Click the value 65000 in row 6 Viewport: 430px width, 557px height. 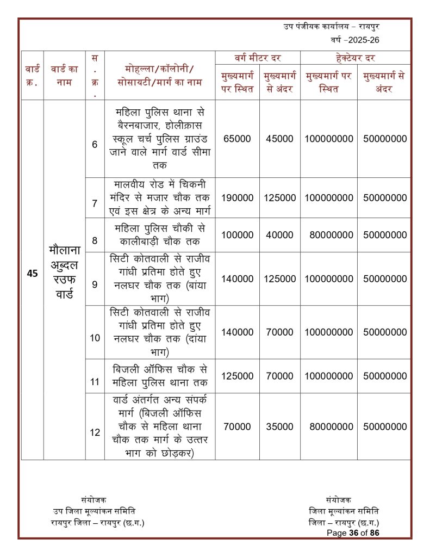(237, 139)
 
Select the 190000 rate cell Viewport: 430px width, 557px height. (237, 197)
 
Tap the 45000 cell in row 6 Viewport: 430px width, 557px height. (279, 139)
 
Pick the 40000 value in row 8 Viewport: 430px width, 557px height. (279, 235)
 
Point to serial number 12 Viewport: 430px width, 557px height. (95, 432)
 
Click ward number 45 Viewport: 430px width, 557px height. (32, 274)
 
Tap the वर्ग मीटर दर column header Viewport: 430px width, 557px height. (258, 57)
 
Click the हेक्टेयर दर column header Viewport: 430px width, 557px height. (355, 57)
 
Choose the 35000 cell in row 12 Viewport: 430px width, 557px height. (279, 427)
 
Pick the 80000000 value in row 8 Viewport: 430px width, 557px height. (328, 235)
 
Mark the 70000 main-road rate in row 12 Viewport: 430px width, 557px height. (237, 427)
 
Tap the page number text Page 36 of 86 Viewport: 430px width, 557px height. (352, 533)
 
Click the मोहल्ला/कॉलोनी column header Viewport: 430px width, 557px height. (159, 76)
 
